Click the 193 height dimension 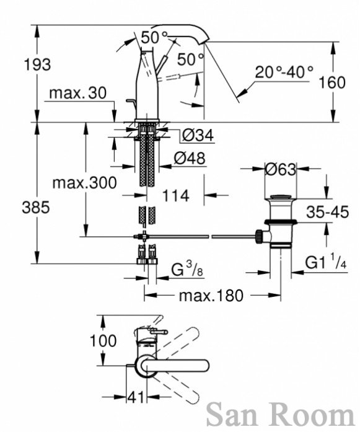pyautogui.click(x=37, y=65)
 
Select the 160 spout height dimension pyautogui.click(x=331, y=82)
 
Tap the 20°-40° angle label pyautogui.click(x=284, y=72)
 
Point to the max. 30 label pyautogui.click(x=77, y=93)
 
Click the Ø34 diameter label pyautogui.click(x=198, y=135)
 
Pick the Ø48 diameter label pyautogui.click(x=190, y=158)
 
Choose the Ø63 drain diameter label pyautogui.click(x=281, y=169)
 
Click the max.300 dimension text pyautogui.click(x=84, y=182)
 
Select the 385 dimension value pyautogui.click(x=36, y=207)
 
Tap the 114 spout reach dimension pyautogui.click(x=175, y=196)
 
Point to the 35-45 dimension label pyautogui.click(x=328, y=212)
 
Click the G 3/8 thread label pyautogui.click(x=187, y=269)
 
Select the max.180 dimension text pyautogui.click(x=211, y=296)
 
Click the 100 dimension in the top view pyautogui.click(x=103, y=341)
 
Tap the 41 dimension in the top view pyautogui.click(x=136, y=397)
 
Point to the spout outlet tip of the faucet pyautogui.click(x=204, y=43)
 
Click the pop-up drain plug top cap pyautogui.click(x=281, y=197)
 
